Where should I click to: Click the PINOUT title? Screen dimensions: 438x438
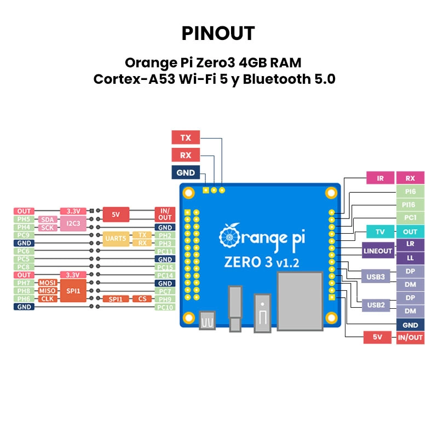218,33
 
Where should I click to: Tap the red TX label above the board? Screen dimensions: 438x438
186,137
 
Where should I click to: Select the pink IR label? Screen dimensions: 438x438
381,178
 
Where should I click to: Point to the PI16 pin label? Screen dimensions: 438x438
410,205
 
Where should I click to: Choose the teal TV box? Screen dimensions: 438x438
381,232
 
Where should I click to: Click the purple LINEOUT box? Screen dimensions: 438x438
378,251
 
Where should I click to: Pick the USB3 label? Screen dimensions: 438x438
376,277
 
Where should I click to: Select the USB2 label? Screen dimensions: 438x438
376,304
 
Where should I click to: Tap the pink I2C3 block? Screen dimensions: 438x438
74,223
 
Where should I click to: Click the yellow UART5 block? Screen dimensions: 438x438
116,239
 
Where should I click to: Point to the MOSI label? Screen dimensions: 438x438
48,283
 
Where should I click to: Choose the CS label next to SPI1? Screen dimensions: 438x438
142,298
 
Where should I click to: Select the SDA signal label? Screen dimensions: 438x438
48,219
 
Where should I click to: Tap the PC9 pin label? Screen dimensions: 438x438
24,235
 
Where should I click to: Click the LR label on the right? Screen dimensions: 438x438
410,244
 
